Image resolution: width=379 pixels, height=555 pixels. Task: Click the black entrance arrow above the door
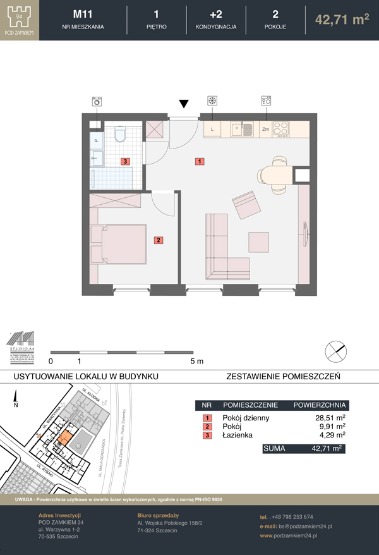[184, 104]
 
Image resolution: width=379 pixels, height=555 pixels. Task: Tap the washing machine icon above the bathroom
[97, 101]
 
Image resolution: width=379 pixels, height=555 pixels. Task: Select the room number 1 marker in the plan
[200, 161]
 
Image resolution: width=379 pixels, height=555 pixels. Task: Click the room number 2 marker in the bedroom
[159, 240]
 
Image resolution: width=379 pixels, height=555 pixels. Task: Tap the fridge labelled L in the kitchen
[212, 129]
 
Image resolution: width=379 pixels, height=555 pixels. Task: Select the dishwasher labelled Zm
[266, 129]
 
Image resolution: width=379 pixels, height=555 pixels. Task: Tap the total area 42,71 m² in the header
[342, 20]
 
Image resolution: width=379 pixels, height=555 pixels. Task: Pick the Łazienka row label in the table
[237, 435]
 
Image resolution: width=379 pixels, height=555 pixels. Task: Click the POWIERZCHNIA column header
[318, 405]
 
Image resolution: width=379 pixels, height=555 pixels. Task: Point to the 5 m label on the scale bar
[196, 362]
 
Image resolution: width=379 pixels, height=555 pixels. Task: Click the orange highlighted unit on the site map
[64, 439]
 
